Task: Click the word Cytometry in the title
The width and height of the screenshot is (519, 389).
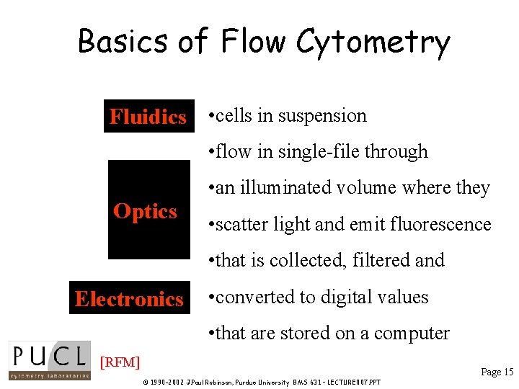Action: [373, 42]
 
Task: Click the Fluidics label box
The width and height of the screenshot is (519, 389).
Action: [148, 117]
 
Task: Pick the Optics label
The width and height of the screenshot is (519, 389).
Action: [146, 211]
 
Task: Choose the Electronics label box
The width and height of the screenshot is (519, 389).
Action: [130, 299]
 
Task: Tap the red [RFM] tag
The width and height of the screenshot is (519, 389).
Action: [120, 362]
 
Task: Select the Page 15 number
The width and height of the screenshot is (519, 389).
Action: [497, 372]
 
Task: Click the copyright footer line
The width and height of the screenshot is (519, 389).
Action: [262, 382]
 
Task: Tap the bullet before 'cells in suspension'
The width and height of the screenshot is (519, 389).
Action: [209, 116]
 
